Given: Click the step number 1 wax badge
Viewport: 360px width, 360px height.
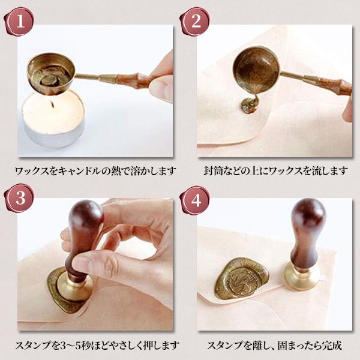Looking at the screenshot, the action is click(x=19, y=22).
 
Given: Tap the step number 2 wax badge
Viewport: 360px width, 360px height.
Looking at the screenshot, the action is click(x=195, y=22).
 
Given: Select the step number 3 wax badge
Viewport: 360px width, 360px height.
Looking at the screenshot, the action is click(x=19, y=198).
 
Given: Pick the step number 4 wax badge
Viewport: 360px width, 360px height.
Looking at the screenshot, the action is click(x=195, y=200).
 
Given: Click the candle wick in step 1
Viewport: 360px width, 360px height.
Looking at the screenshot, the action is click(x=53, y=104).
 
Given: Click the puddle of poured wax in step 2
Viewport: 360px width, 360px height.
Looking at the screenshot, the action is click(x=250, y=106).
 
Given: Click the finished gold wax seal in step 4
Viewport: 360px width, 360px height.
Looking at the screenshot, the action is click(x=242, y=278).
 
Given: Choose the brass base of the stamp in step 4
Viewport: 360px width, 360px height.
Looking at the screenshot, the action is click(x=302, y=275).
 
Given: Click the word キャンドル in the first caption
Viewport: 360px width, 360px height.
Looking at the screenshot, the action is click(x=79, y=171).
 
